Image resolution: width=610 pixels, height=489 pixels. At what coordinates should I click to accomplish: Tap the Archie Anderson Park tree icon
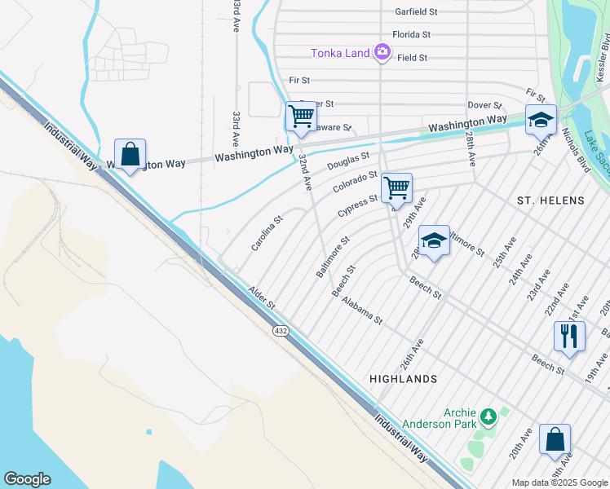point(488,417)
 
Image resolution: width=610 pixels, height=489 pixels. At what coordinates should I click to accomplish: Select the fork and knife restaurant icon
point(568,336)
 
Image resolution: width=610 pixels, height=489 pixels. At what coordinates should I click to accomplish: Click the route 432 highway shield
point(281,331)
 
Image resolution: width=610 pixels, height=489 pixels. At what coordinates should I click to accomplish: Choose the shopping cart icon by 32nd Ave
point(300,117)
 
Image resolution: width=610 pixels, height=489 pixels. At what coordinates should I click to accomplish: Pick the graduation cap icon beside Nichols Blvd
point(540,120)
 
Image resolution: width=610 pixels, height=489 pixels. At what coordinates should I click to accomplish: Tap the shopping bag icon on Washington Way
point(130,153)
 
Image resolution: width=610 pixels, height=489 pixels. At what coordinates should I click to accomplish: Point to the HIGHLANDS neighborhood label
point(403,379)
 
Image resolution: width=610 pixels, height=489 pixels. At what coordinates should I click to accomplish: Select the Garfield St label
point(417,12)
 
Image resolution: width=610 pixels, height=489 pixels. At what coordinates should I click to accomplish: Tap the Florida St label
point(411,35)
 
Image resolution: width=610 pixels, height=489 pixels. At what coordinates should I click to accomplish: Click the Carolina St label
point(266,233)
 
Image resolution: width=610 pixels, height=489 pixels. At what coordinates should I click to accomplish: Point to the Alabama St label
point(362,311)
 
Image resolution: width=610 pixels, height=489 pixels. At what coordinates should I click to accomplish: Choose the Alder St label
point(263,297)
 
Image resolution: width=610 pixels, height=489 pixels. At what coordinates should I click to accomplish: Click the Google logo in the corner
point(27,479)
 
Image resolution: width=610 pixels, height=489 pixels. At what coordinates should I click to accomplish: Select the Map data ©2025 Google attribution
point(559,482)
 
